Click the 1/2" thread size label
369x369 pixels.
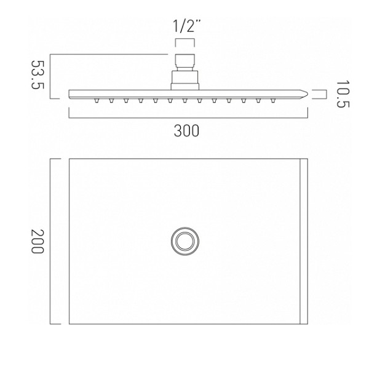point(187,26)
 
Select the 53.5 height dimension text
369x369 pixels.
point(38,74)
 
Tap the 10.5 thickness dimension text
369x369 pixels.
point(343,94)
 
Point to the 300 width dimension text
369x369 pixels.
point(186,131)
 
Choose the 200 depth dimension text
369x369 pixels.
point(38,241)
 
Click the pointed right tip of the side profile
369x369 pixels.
point(307,94)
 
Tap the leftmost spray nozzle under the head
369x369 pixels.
point(97,100)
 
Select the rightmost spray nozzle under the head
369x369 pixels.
point(272,100)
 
